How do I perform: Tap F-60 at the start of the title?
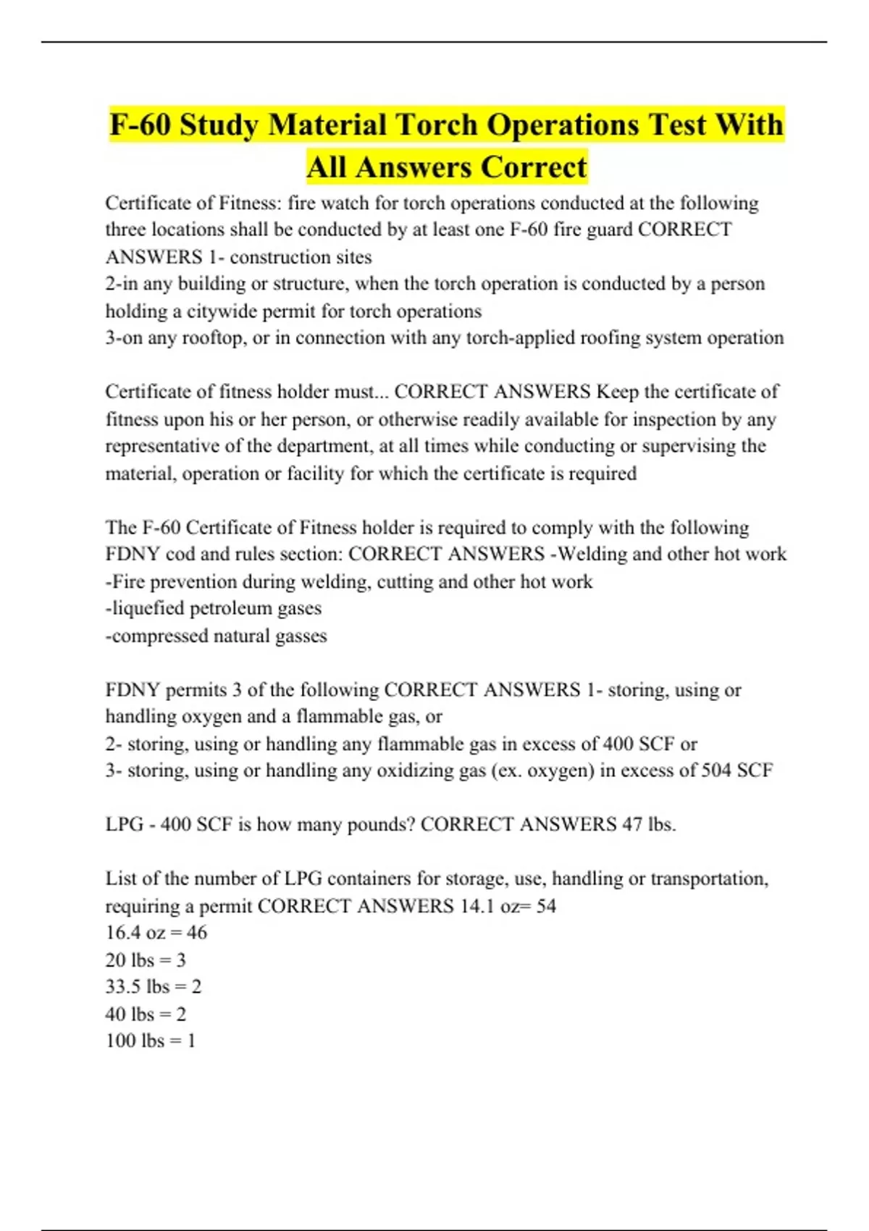point(140,125)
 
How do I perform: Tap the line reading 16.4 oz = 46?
point(156,933)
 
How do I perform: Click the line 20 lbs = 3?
point(146,960)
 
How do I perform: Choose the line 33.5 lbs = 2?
point(154,987)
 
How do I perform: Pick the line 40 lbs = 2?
point(146,1014)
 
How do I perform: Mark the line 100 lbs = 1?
point(151,1041)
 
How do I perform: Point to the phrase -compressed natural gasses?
point(217,636)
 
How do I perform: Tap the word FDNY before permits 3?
point(133,690)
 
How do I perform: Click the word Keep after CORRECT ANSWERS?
point(617,392)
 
